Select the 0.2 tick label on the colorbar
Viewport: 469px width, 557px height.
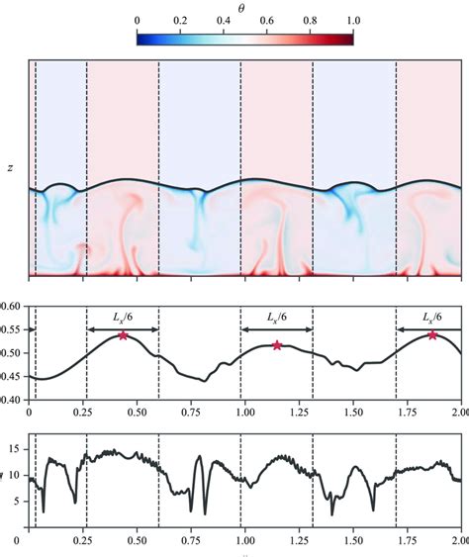[179, 20]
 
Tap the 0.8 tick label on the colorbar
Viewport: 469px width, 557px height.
[310, 20]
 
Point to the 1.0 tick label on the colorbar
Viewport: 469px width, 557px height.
[352, 20]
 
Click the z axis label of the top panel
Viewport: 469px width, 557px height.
[10, 168]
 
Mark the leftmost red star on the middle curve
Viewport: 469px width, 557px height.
[123, 335]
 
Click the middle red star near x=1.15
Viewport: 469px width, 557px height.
[277, 345]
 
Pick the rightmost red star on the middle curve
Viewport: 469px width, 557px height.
[432, 335]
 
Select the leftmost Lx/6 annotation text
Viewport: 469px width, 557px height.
[124, 318]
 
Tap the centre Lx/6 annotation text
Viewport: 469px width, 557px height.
[277, 318]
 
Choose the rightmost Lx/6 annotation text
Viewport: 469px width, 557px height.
[431, 318]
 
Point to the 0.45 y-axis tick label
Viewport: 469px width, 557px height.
[12, 377]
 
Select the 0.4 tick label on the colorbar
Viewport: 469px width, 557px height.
[223, 20]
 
